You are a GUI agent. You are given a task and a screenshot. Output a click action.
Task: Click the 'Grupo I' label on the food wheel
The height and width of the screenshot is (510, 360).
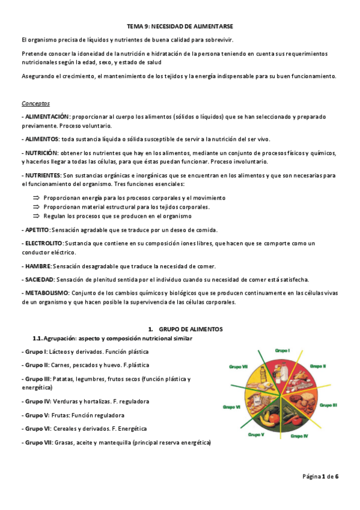click(282, 350)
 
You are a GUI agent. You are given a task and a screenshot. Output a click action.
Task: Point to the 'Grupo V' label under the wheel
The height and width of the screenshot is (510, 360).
click(255, 434)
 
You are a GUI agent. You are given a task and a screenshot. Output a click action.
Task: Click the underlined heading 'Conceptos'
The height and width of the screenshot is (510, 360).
click(35, 103)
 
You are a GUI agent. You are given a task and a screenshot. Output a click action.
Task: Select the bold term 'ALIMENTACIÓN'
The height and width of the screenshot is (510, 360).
click(46, 116)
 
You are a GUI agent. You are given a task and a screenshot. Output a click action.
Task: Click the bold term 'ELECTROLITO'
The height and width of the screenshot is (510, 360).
click(43, 243)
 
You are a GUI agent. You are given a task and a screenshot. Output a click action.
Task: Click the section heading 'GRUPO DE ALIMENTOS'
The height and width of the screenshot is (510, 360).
click(191, 330)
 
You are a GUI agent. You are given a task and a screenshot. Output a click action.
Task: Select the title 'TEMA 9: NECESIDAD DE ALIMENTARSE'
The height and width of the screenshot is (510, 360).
click(180, 26)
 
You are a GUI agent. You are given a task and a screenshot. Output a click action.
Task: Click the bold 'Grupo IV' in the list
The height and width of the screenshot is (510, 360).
click(37, 401)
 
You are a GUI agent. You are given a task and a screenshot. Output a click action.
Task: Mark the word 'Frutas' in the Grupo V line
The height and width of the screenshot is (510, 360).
click(63, 415)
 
